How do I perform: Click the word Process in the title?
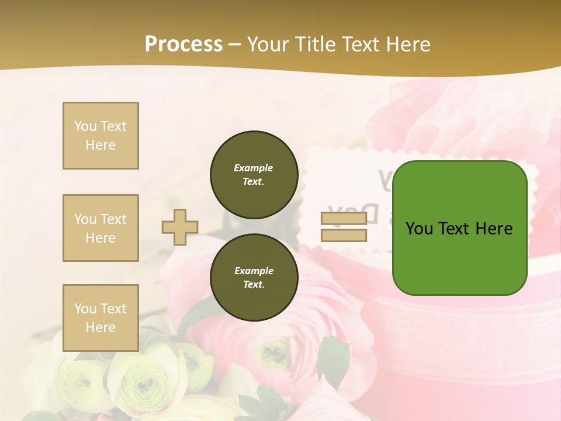(x=183, y=44)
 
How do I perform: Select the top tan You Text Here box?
(x=101, y=136)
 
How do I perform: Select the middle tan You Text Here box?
(x=101, y=228)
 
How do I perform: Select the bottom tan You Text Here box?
(x=101, y=318)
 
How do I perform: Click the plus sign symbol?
(x=180, y=227)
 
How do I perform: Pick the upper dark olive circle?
(x=254, y=175)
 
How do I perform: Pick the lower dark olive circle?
(x=254, y=278)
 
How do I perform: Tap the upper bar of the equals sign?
(x=344, y=219)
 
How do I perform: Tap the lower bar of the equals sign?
(x=344, y=236)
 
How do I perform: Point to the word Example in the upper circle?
(x=254, y=168)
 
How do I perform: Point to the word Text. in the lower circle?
(x=254, y=285)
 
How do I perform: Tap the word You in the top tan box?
(x=85, y=126)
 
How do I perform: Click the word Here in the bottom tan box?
(x=101, y=327)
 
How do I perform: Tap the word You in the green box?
(x=419, y=229)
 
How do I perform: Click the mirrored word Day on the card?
(x=340, y=210)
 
